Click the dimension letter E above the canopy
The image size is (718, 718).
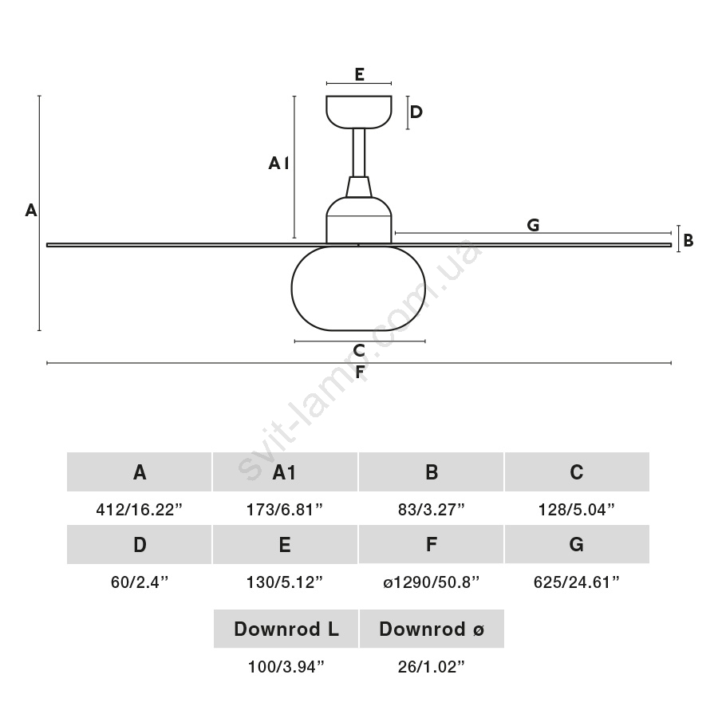359,74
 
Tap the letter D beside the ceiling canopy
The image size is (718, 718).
416,112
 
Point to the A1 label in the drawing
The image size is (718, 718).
278,164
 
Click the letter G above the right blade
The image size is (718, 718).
533,225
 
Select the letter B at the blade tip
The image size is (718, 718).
688,239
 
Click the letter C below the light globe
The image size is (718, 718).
359,350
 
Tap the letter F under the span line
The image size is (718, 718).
360,372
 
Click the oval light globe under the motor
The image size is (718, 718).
359,289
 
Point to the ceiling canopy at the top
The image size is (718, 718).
359,111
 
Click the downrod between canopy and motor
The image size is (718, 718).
359,152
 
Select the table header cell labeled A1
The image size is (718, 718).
285,472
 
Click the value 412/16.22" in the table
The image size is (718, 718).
140,509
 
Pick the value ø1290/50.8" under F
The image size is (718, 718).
431,582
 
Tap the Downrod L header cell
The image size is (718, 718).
286,629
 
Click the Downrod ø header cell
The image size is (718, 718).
432,629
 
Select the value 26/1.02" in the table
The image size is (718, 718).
431,667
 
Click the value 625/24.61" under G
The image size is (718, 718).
577,582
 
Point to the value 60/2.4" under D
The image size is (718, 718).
140,582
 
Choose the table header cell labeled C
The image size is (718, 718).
577,472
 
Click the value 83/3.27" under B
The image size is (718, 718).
431,509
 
